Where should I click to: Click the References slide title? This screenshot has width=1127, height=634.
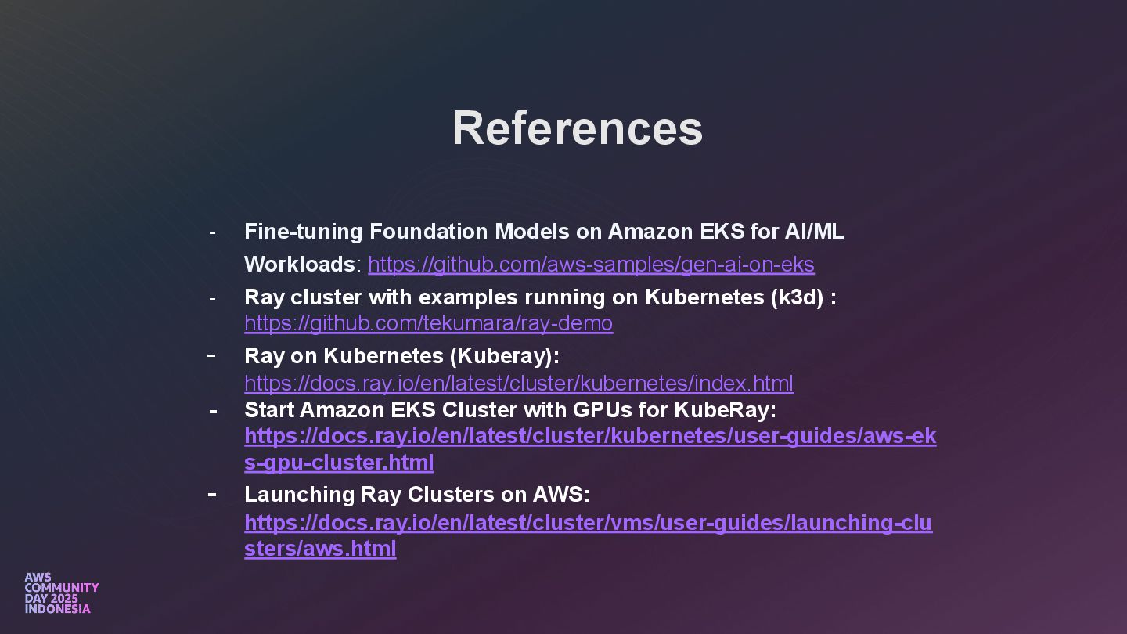point(577,128)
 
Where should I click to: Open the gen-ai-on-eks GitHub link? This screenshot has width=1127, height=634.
point(591,265)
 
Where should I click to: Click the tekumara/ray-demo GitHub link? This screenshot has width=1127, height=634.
point(428,323)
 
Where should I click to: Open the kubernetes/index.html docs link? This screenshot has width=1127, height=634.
point(518,384)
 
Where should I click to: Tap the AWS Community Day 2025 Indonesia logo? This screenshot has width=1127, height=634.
point(61,593)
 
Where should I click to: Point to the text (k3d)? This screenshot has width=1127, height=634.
point(797,297)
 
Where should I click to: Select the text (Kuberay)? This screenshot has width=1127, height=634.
point(504,356)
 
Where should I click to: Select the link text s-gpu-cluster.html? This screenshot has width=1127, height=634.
point(339,463)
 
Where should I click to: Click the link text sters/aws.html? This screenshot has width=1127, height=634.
point(320,548)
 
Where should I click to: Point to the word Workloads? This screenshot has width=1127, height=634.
point(300,265)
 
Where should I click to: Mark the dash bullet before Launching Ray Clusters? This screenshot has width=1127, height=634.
point(211,494)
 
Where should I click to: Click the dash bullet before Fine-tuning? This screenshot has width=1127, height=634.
point(211,232)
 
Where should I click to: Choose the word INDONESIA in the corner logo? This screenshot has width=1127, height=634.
point(57,609)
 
